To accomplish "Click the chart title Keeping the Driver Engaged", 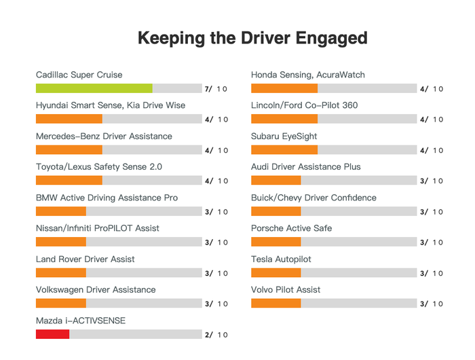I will (x=252, y=37).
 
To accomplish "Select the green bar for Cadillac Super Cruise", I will (x=94, y=88).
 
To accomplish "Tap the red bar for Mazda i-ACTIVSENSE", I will (x=52, y=334).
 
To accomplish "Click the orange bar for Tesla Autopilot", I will (x=275, y=273).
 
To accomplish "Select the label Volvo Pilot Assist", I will (x=286, y=290).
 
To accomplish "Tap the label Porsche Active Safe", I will (x=291, y=228).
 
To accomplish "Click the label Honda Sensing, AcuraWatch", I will (x=307, y=75).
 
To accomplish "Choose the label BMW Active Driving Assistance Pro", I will (x=107, y=198).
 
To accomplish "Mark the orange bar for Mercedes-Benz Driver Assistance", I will (x=69, y=150).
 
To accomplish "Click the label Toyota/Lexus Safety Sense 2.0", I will (x=98, y=167).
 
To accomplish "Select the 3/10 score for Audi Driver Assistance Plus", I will (x=431, y=181).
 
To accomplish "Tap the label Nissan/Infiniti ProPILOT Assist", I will (x=97, y=228).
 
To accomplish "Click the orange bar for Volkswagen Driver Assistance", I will (x=60, y=304).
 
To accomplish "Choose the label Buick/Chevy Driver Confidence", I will (x=313, y=198).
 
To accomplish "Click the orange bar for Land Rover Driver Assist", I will (x=60, y=273).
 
